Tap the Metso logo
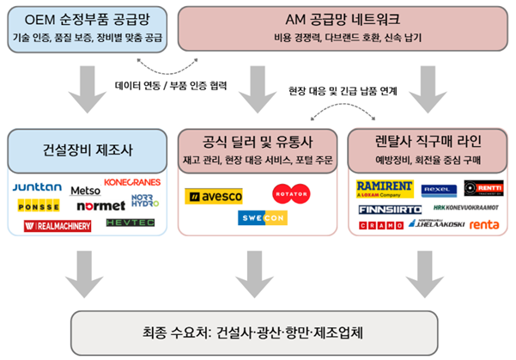click(x=85, y=190)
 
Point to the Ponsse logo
click(x=39, y=205)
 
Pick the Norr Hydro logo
click(x=146, y=200)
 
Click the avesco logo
click(x=214, y=197)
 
